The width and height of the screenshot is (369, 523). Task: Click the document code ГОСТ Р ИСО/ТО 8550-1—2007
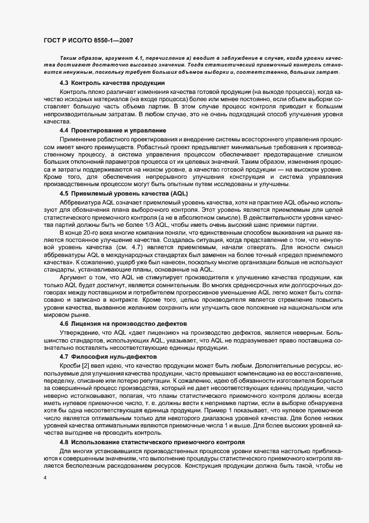(x=88, y=40)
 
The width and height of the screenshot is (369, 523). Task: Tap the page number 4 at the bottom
(x=45, y=478)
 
